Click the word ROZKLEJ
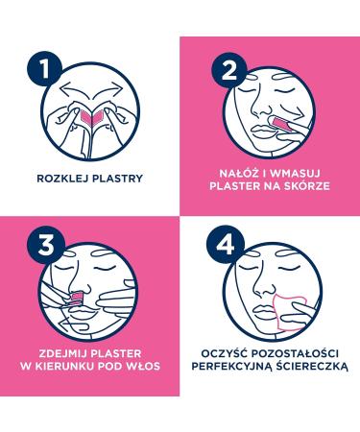(64, 178)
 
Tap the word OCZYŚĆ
(221, 348)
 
